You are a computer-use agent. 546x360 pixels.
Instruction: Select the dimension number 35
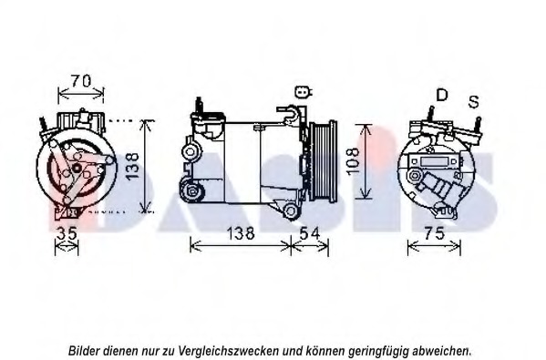coord(67,233)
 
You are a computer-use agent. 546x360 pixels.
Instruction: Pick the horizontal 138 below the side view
coord(239,233)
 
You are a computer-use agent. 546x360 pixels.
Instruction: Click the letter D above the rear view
coord(442,95)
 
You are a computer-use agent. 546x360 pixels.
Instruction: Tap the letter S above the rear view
coord(473,99)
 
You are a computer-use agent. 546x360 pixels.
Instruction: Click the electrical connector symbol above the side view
coord(303,91)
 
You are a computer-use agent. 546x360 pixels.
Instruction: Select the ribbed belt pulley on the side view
coord(322,162)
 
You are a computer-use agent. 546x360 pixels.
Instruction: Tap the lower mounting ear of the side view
coord(291,211)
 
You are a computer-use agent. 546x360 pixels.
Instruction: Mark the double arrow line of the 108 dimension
coord(364,161)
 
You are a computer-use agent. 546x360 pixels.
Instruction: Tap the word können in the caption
coord(319,349)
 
